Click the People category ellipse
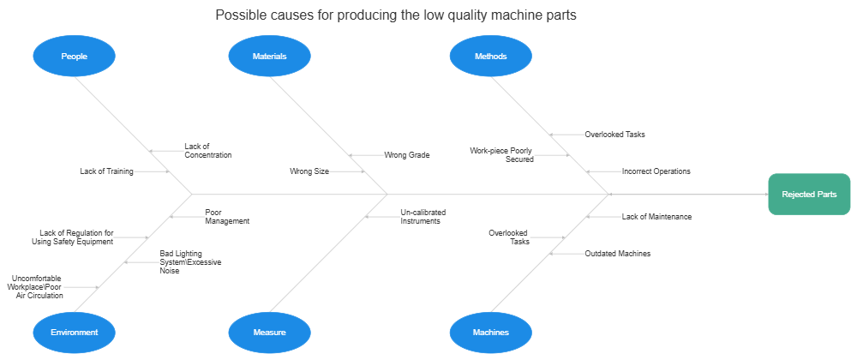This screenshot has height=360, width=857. tap(74, 57)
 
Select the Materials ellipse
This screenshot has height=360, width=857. tap(269, 57)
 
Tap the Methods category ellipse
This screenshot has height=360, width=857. tap(490, 57)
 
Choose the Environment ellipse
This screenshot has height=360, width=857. tap(74, 332)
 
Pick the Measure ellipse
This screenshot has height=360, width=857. tap(269, 332)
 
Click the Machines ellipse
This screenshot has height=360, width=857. tap(490, 332)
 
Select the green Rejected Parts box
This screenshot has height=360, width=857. tap(808, 195)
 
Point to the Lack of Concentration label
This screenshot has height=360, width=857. tap(207, 151)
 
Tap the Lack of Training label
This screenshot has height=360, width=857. tap(106, 171)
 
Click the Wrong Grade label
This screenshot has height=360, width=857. tap(406, 155)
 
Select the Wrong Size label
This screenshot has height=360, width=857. tap(309, 171)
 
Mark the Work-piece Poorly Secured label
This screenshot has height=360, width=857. tap(501, 154)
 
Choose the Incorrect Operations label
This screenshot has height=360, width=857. tap(656, 171)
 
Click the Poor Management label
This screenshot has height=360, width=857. tap(227, 216)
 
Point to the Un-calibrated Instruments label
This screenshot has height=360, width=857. tap(423, 216)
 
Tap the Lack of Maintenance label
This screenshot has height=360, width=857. tap(656, 217)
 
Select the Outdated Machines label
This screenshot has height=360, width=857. tap(617, 254)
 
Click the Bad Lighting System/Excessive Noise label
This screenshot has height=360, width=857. tap(190, 261)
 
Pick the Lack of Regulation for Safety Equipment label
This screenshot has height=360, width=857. tap(75, 237)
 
